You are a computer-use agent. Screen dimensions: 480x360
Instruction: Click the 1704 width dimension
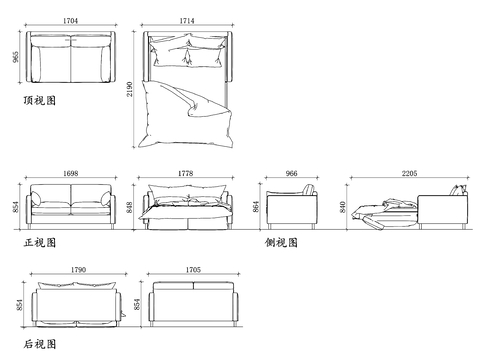click(70, 21)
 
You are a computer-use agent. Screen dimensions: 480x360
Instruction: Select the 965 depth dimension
click(16, 57)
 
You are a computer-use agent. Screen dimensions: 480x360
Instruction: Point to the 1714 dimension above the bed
click(187, 21)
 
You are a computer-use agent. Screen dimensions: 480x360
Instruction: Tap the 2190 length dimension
click(129, 89)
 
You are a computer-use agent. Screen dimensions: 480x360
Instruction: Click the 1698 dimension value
click(71, 173)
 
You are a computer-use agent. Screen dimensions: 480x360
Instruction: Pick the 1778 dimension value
click(185, 173)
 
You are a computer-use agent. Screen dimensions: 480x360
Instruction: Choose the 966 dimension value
click(291, 173)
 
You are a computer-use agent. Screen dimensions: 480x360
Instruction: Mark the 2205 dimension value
click(409, 173)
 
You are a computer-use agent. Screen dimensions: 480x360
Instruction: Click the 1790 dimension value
click(78, 270)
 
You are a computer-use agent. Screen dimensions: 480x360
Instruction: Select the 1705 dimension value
click(193, 270)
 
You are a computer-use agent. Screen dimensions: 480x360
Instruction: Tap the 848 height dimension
click(129, 207)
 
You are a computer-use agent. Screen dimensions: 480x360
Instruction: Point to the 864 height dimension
click(256, 207)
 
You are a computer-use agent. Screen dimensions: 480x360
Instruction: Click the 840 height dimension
click(343, 207)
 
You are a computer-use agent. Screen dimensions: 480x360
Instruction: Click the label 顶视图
click(40, 100)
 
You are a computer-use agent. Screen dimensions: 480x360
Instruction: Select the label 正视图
click(40, 242)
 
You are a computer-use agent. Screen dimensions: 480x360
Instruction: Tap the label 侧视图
click(281, 242)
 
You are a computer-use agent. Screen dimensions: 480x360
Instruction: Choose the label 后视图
click(40, 344)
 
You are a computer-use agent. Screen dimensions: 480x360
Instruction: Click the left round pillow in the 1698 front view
click(36, 198)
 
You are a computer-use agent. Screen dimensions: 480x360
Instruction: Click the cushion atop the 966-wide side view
click(309, 190)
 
